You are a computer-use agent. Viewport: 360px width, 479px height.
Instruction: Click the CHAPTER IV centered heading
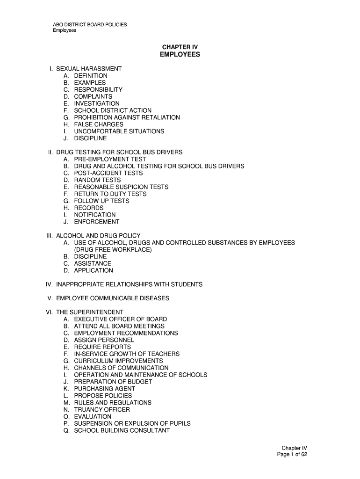coord(180,47)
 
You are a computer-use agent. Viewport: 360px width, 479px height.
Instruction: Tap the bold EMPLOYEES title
coord(180,55)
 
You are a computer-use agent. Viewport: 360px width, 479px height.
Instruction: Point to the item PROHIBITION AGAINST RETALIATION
coord(127,117)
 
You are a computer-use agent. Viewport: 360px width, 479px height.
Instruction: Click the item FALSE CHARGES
coord(99,124)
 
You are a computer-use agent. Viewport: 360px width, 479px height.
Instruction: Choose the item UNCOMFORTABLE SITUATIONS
coord(119,131)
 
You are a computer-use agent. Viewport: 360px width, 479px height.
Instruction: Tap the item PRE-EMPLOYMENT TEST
coord(110,159)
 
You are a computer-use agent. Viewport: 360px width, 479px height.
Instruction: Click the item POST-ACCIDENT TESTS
coord(108,173)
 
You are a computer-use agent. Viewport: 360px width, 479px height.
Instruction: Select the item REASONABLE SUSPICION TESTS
coord(121,187)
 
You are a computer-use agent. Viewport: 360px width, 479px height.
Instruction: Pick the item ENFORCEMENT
coord(96,222)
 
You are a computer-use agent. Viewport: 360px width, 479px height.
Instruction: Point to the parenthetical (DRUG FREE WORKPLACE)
coord(113,250)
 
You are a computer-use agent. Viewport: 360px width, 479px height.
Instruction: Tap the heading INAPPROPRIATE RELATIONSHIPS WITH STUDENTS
coord(129,284)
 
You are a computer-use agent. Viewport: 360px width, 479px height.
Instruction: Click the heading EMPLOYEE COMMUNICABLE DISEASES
coord(112,298)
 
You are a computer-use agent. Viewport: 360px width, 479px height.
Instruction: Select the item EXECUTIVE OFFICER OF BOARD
coord(120,319)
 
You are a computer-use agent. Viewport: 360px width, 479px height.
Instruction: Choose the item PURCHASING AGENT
coord(104,389)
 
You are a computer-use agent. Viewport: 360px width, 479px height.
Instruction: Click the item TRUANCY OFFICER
coord(102,410)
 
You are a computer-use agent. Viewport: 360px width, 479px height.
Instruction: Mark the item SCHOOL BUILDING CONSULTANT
coord(122,430)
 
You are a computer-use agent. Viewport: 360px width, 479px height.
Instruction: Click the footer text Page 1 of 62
coord(292,455)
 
